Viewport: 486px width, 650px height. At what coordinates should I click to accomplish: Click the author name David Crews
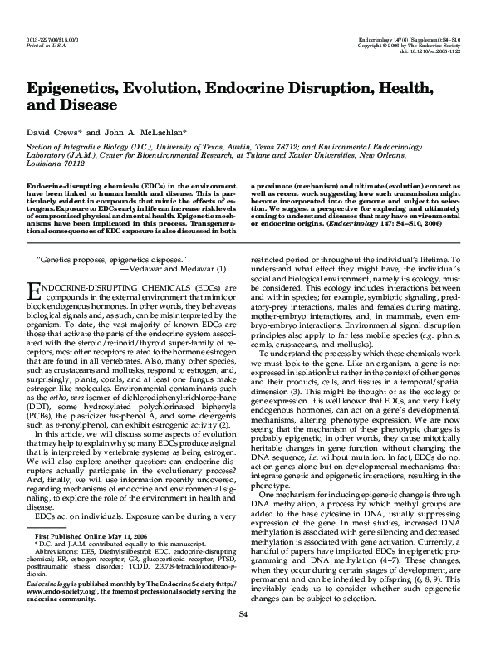tap(55, 133)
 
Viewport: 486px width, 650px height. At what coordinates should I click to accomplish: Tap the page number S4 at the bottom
tap(243, 636)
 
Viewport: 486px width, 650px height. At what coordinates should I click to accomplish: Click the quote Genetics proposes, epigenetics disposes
tap(108, 260)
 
